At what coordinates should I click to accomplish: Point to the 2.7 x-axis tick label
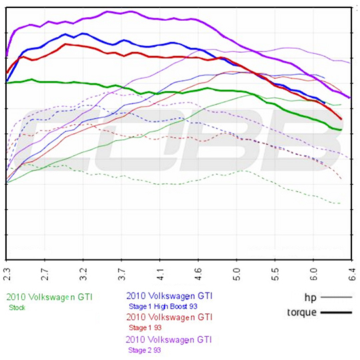tap(44, 273)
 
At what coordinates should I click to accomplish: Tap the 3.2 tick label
tap(83, 273)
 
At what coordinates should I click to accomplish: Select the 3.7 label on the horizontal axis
tap(121, 273)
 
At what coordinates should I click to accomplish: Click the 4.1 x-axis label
tap(160, 273)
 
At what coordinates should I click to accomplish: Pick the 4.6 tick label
tap(198, 273)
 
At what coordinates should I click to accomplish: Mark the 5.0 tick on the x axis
tap(237, 273)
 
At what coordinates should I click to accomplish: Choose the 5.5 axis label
tap(275, 273)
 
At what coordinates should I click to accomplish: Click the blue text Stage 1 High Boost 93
tap(163, 306)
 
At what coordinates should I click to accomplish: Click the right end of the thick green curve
tap(341, 129)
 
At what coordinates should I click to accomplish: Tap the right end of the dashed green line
tap(341, 203)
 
